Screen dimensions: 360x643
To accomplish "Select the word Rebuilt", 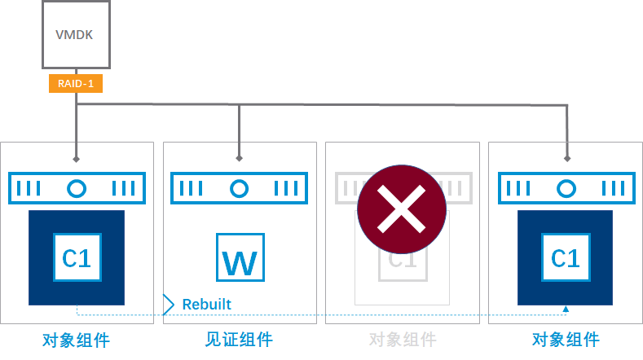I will pyautogui.click(x=206, y=305).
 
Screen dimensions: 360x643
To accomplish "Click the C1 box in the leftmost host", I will pyautogui.click(x=77, y=257).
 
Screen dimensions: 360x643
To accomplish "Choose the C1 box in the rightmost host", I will pyautogui.click(x=565, y=257).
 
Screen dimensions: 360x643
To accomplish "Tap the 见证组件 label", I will pyautogui.click(x=239, y=340).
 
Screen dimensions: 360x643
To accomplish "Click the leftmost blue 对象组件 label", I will pyautogui.click(x=76, y=340).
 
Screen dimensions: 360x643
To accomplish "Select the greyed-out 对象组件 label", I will pyautogui.click(x=402, y=340).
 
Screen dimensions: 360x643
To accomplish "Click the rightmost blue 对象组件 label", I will pyautogui.click(x=565, y=340).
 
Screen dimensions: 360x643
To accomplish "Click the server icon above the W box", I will pyautogui.click(x=239, y=188).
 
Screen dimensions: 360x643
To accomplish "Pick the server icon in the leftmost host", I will pyautogui.click(x=77, y=188).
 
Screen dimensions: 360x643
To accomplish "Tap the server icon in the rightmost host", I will pyautogui.click(x=565, y=188).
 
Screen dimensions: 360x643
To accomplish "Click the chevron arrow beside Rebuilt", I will pyautogui.click(x=169, y=305).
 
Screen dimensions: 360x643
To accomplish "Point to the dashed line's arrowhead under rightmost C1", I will pyautogui.click(x=565, y=309).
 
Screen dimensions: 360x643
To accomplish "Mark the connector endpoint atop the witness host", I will pyautogui.click(x=239, y=158).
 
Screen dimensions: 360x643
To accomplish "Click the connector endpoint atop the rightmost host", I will pyautogui.click(x=565, y=158).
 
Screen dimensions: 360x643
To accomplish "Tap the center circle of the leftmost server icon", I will pyautogui.click(x=77, y=188).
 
